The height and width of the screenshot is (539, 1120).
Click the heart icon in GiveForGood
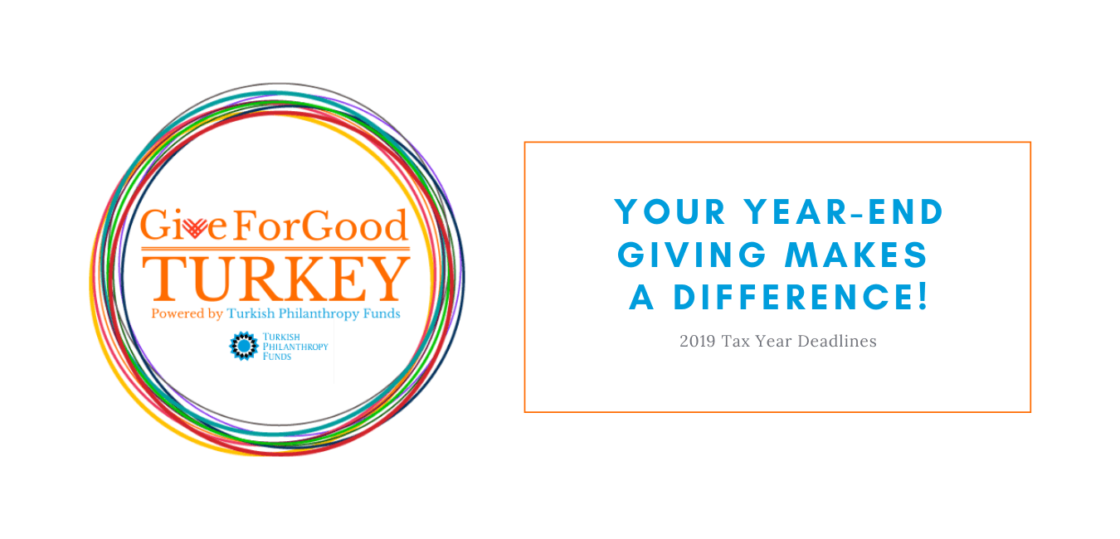point(194,228)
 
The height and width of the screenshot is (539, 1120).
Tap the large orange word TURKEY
point(276,279)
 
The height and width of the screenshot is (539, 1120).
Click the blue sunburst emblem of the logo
point(244,346)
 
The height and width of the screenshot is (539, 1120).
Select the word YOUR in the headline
point(670,212)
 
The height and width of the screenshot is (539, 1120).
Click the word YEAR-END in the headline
point(844,212)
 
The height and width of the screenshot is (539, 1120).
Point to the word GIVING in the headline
point(692,255)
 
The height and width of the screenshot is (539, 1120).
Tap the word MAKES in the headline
point(856,255)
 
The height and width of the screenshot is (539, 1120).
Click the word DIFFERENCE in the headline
point(791,298)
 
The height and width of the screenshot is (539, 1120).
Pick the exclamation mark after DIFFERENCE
point(923,297)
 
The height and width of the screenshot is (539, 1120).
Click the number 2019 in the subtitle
point(698,341)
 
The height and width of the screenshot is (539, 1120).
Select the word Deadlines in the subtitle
point(837,341)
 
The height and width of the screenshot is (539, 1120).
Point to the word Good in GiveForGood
point(354,226)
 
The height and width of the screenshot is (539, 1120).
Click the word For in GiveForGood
point(266,226)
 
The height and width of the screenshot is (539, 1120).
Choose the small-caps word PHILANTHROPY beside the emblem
point(295,347)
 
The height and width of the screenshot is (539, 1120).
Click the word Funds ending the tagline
point(382,313)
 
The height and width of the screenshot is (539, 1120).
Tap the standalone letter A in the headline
point(642,298)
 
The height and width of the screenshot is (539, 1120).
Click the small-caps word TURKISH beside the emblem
point(281,337)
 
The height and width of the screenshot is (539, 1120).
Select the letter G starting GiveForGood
point(154,225)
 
